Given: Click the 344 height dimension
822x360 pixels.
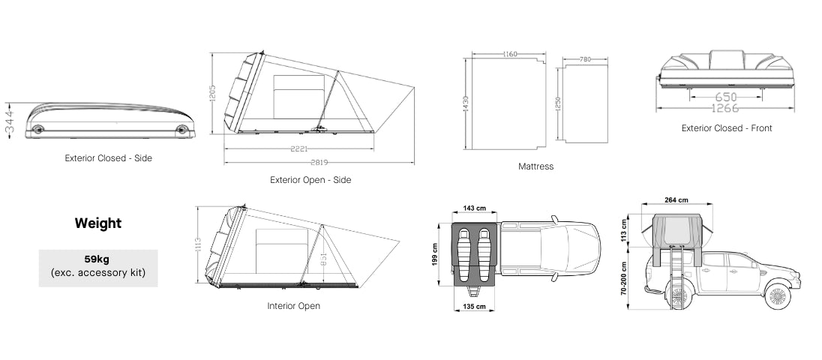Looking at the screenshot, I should tap(10, 118).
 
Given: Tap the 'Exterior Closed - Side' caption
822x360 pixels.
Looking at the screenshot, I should tap(109, 158).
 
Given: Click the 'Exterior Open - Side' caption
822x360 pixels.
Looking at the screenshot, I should tap(310, 180).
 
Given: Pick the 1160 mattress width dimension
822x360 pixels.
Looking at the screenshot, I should tap(511, 54).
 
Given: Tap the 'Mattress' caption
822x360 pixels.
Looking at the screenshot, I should tap(535, 166).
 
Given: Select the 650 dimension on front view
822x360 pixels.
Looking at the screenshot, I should tap(725, 97).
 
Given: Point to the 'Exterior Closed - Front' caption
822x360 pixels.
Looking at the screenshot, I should tap(726, 128).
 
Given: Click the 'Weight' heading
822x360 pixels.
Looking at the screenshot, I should tap(97, 223).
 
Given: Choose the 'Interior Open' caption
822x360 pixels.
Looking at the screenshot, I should tap(293, 306).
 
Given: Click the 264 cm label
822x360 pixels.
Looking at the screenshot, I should tap(676, 200).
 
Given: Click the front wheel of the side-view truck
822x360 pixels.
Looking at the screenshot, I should tap(778, 294).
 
